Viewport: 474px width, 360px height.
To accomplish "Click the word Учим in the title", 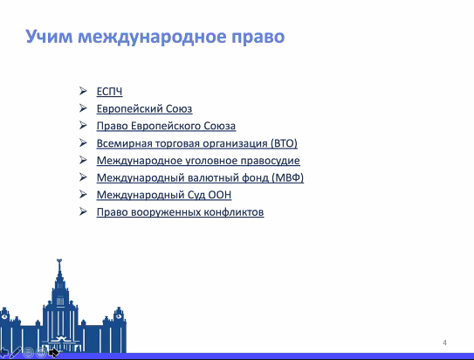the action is click(49, 37).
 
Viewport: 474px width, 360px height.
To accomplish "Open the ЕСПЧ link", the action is click(109, 92).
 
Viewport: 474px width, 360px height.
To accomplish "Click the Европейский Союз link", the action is click(144, 108).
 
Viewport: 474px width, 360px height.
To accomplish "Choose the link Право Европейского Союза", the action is click(166, 126).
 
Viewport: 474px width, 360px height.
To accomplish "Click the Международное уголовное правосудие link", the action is click(198, 160).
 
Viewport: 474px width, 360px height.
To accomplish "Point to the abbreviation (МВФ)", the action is click(287, 177).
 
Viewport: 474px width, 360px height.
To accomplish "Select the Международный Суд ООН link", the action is click(164, 195).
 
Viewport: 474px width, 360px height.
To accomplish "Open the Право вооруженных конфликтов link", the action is click(180, 212).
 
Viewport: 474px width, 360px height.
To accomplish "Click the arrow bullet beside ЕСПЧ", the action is click(83, 91).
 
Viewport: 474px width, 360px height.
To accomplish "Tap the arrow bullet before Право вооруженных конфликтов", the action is click(83, 211).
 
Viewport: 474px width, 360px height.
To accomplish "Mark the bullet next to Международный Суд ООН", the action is click(83, 194).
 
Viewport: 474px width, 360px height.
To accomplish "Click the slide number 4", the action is click(444, 343).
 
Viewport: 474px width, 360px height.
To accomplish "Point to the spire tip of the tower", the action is click(59, 260).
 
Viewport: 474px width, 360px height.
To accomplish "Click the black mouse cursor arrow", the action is click(53, 352).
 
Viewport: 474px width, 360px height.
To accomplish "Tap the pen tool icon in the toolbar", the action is click(15, 353).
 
